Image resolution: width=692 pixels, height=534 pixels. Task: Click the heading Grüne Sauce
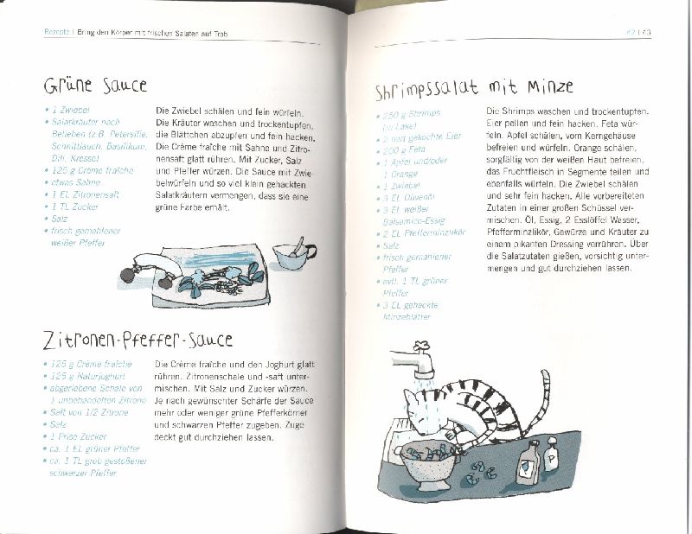(95, 86)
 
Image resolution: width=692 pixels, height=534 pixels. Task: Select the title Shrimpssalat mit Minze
(474, 88)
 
